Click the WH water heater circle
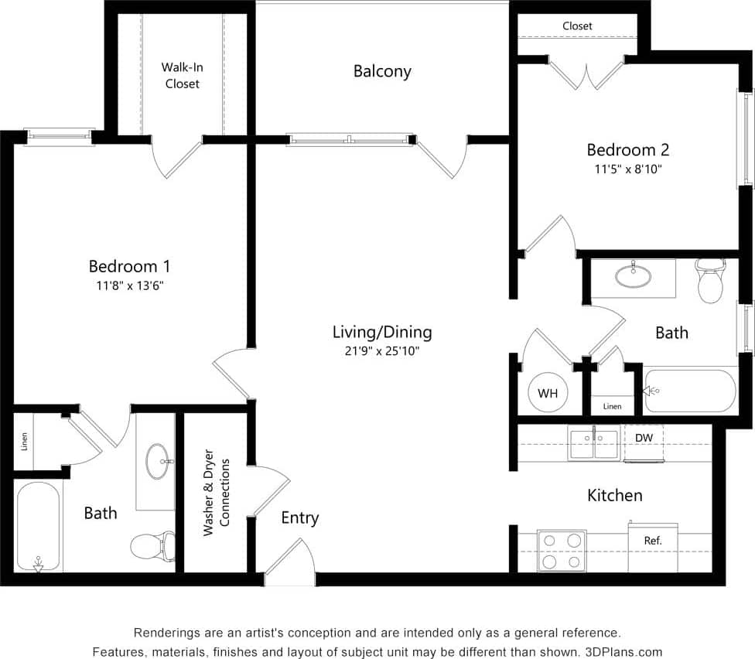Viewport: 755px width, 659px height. [548, 394]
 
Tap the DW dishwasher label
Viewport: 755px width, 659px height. [644, 438]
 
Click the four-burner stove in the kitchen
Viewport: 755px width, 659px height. [562, 551]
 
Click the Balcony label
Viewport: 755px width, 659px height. [382, 71]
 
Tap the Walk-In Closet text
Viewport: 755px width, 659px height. [182, 75]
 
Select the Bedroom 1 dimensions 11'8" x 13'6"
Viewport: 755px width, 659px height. [129, 285]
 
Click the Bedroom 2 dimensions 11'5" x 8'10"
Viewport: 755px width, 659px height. [627, 169]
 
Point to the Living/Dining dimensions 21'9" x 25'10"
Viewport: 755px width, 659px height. [382, 351]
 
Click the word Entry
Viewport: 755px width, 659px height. [299, 517]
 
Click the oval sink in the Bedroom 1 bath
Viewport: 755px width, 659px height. [159, 461]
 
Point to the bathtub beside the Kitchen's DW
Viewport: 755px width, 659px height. [690, 391]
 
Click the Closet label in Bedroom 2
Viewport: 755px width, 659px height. [577, 26]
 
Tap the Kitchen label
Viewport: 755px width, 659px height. [615, 495]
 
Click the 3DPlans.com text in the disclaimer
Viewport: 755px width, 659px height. [623, 651]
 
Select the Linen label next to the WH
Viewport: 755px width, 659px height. [612, 406]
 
